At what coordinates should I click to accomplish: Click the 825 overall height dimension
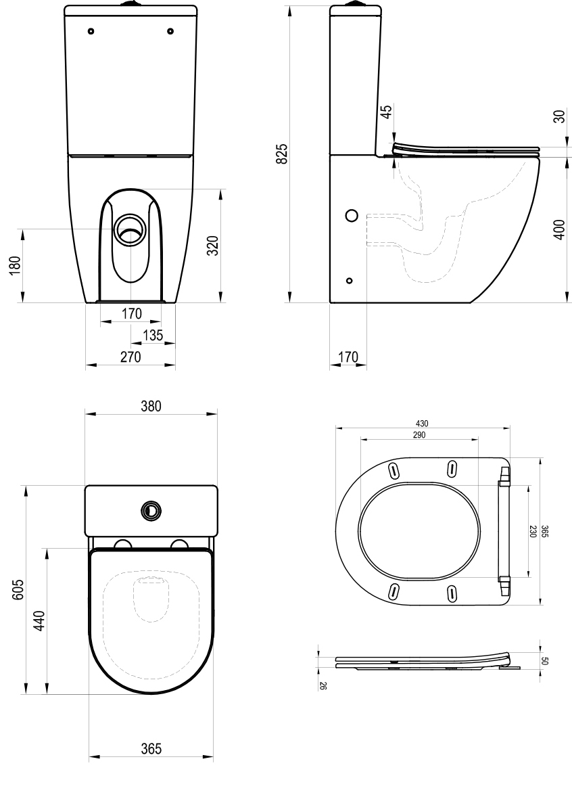283,154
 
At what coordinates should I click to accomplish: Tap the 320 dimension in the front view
212,246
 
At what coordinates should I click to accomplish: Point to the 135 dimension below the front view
153,335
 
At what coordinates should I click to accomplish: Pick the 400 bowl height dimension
558,230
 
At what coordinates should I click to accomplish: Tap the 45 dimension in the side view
386,111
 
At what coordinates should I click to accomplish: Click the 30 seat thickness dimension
558,116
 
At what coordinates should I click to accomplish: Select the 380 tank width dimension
150,406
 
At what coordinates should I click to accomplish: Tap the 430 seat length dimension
421,423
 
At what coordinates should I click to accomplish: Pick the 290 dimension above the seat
419,435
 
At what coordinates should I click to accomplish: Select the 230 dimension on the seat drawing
533,532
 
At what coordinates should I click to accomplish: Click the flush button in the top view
151,510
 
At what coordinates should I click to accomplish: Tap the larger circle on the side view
351,216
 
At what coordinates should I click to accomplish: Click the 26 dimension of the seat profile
323,685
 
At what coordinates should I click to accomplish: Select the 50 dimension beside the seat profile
545,660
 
